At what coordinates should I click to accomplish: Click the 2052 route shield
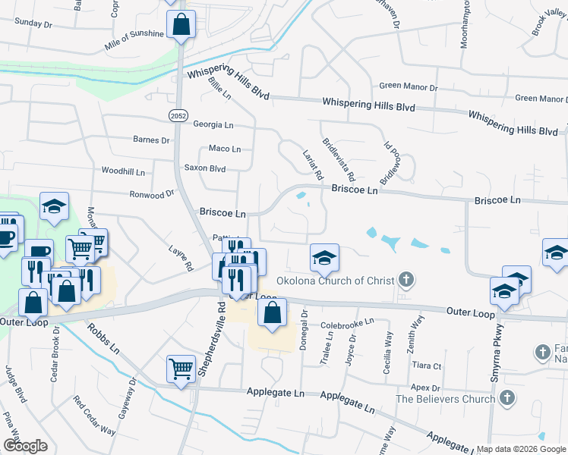tap(178, 115)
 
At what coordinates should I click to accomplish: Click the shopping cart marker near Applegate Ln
tap(181, 369)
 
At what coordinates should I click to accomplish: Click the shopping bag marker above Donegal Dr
tap(272, 312)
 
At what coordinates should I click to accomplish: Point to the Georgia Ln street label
tap(213, 124)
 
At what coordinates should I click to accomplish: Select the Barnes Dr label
tap(151, 140)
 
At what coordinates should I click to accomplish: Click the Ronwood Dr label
tap(151, 195)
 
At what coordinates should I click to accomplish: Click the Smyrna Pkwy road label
tap(498, 357)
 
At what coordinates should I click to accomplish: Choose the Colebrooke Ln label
tap(349, 322)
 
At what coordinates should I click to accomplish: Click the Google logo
tap(25, 446)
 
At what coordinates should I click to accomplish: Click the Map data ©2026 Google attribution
tap(522, 449)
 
